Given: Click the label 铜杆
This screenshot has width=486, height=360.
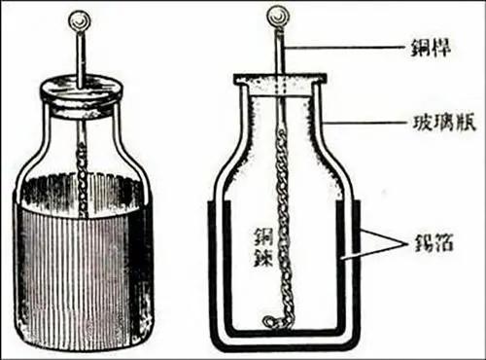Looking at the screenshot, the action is click(431, 50).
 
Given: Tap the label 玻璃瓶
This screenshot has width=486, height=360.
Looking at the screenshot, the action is click(444, 124).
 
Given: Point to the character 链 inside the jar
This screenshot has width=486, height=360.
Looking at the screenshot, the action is click(263, 258).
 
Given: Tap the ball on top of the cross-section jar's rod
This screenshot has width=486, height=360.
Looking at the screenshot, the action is click(277, 16).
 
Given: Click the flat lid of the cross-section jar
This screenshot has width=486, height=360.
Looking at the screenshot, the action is click(279, 78).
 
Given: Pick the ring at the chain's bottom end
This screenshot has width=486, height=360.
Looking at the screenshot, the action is click(268, 321).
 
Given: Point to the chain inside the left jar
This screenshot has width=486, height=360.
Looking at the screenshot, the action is click(84, 182).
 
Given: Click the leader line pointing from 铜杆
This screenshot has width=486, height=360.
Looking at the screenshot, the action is click(346, 49).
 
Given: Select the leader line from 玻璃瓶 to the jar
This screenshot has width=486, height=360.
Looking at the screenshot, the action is click(366, 123).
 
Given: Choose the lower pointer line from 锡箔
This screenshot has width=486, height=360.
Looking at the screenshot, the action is click(373, 252).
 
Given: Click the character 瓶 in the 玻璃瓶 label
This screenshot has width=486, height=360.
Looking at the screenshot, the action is click(466, 124).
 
